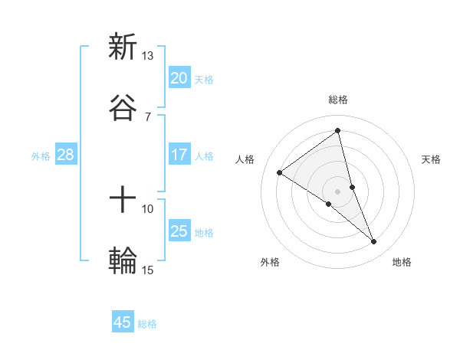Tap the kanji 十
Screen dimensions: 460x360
(x=123, y=201)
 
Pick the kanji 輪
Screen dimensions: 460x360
(x=123, y=260)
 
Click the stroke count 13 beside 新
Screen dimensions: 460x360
(x=147, y=56)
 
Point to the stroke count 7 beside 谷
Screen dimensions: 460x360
(x=147, y=116)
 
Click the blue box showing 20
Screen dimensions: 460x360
(x=179, y=78)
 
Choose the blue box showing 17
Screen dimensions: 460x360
(x=179, y=155)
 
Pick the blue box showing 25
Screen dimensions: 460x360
(x=179, y=231)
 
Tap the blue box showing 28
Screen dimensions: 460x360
(x=66, y=155)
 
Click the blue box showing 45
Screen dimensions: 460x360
(x=123, y=322)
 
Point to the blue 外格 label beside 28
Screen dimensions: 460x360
(x=41, y=155)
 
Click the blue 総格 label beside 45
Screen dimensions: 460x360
(x=147, y=324)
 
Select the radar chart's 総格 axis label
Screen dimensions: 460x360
(x=338, y=100)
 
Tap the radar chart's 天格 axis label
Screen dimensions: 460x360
(x=432, y=159)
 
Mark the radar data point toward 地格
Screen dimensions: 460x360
(x=374, y=242)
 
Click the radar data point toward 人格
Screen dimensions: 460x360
(x=280, y=173)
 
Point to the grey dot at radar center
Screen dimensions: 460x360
(x=338, y=191)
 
